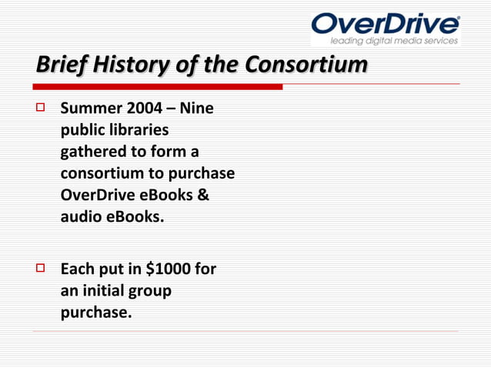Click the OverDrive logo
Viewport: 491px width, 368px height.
pyautogui.click(x=385, y=24)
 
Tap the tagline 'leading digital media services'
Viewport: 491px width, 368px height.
pyautogui.click(x=394, y=41)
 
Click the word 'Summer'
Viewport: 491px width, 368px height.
pyautogui.click(x=86, y=110)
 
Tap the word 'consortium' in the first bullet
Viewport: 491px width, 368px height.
pyautogui.click(x=100, y=174)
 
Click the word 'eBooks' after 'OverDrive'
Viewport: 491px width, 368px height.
pyautogui.click(x=164, y=196)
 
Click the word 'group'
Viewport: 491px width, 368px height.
pyautogui.click(x=153, y=293)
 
